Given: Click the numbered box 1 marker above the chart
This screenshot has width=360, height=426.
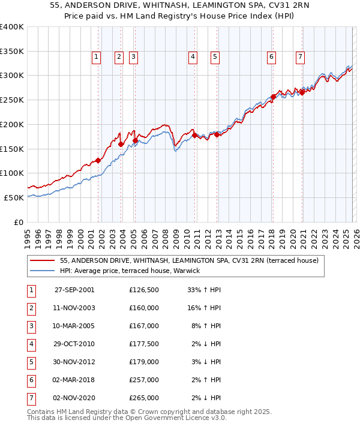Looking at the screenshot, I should (97, 57).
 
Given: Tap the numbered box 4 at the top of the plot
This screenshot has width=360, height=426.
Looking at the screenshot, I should (193, 57).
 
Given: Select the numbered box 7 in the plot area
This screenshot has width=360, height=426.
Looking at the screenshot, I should (299, 57).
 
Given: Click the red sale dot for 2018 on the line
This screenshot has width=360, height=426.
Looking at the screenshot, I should (273, 96).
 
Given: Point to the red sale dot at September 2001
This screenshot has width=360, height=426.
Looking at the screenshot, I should (98, 160).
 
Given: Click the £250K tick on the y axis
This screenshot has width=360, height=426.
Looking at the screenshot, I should (12, 100).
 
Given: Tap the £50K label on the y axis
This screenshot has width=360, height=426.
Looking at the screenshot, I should (14, 197).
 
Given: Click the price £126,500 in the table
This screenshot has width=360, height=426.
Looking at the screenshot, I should (143, 290).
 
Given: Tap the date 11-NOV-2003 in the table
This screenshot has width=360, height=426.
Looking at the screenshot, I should (74, 308).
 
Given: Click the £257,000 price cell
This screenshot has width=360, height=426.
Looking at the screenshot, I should (143, 380).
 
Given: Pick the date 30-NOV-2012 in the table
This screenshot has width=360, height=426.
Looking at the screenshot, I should (74, 362).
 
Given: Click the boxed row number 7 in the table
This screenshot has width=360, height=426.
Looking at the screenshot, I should (31, 398).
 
